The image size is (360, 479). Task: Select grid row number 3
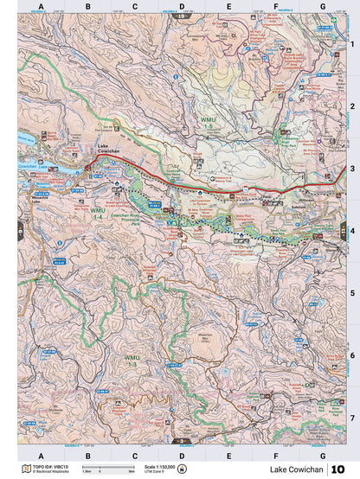[352, 169]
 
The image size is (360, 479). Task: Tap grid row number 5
[352, 293]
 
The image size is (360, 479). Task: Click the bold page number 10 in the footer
[341, 469]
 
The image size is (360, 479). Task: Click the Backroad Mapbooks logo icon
[26, 468]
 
